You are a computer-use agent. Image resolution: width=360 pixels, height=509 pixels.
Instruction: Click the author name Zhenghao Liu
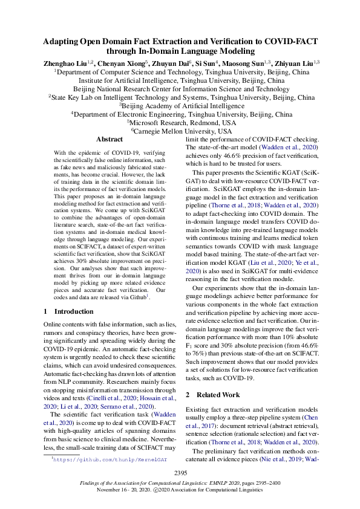pos(65,63)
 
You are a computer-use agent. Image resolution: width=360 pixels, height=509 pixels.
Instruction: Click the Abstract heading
pos(109,139)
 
